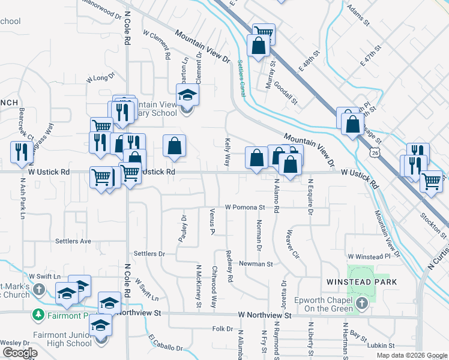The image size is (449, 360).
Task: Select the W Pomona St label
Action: (x=245, y=207)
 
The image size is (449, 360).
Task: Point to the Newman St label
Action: (x=256, y=263)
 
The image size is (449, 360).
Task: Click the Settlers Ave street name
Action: (x=73, y=241)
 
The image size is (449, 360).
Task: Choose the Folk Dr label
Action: (x=222, y=329)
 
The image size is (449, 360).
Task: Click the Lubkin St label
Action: (x=382, y=346)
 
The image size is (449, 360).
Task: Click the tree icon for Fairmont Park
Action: (x=38, y=314)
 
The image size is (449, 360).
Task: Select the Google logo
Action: (x=20, y=353)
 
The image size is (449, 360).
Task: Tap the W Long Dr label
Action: (x=100, y=78)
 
